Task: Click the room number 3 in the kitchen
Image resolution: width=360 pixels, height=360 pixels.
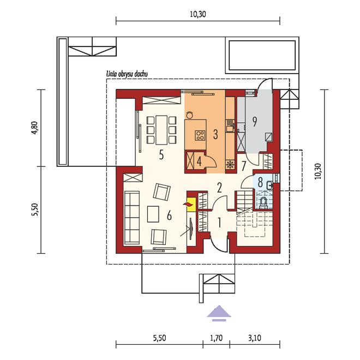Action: click(x=215, y=135)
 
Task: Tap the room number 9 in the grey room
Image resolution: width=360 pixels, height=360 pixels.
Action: click(x=255, y=122)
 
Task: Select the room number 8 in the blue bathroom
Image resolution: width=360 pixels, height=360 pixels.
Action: click(x=260, y=183)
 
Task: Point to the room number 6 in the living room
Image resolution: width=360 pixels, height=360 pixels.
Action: click(x=169, y=215)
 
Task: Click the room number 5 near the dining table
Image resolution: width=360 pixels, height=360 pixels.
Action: click(x=161, y=155)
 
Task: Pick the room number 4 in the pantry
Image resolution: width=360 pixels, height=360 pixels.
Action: click(x=199, y=161)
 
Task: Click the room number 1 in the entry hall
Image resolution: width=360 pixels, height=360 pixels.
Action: click(x=219, y=223)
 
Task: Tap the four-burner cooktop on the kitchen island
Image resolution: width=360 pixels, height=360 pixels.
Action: click(x=200, y=135)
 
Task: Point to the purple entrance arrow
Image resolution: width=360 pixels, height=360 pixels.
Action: click(x=219, y=314)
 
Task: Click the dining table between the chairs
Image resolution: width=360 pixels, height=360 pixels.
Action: click(x=161, y=130)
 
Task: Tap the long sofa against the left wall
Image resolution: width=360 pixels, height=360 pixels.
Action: click(x=132, y=218)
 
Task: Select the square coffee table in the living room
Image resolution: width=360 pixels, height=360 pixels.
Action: click(x=153, y=214)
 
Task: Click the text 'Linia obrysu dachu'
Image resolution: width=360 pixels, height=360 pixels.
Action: click(x=127, y=74)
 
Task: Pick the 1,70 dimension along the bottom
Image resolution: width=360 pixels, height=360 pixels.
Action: click(x=217, y=338)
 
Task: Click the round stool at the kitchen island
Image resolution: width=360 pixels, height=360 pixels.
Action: click(x=190, y=115)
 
